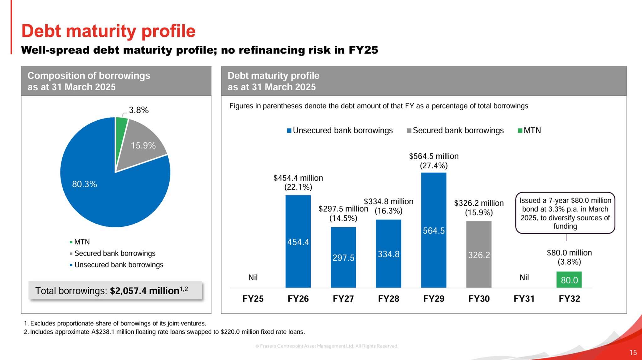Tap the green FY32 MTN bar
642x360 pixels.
click(569, 280)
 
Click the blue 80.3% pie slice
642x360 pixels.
click(103, 194)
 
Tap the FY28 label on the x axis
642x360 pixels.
click(388, 299)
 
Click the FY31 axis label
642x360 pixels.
click(524, 299)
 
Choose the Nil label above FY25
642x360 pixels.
click(253, 278)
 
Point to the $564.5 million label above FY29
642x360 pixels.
click(434, 156)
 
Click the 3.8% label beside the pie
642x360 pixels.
click(139, 110)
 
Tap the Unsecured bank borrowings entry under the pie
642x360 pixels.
click(118, 265)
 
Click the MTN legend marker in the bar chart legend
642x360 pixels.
click(520, 130)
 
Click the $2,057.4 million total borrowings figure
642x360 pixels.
click(145, 291)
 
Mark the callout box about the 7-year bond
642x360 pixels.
click(565, 213)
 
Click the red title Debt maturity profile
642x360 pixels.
click(108, 31)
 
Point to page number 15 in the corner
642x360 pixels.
click(633, 352)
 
